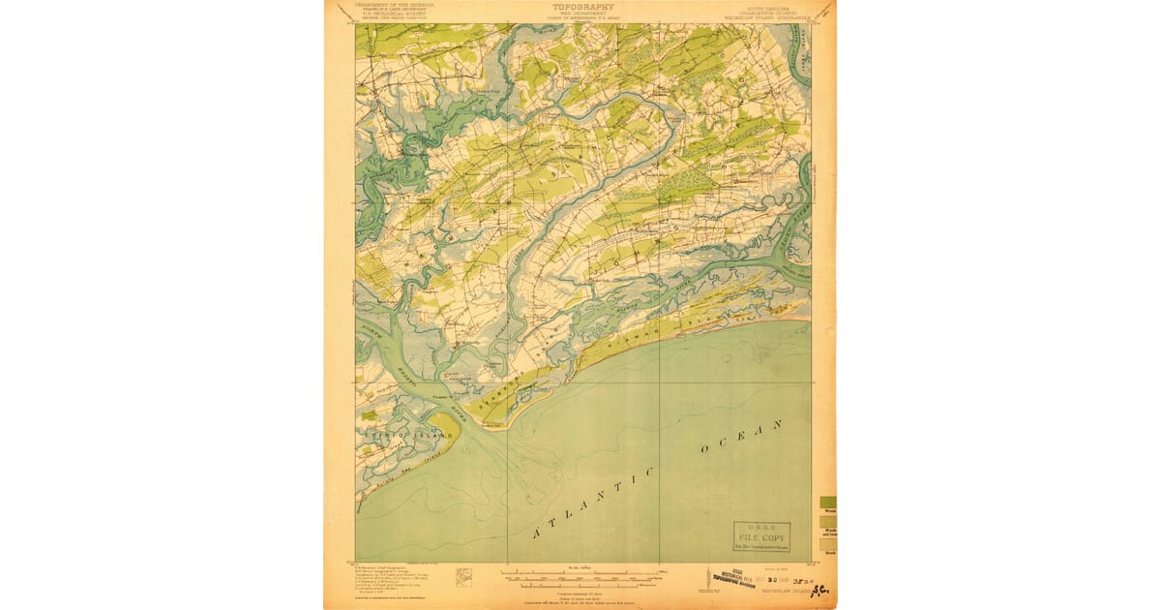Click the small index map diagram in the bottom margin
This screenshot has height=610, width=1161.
click(x=464, y=575)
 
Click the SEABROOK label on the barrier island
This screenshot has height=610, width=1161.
click(x=505, y=386)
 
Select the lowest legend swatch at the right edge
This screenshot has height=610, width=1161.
click(x=829, y=544)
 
